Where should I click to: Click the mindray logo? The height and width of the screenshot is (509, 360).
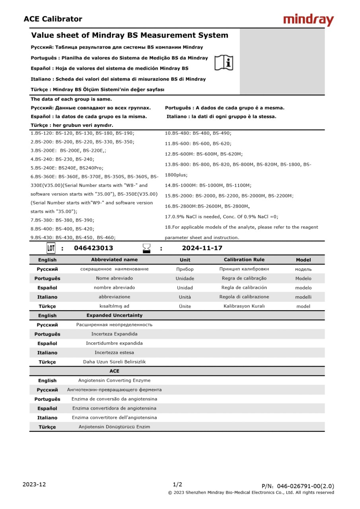coord(308,20)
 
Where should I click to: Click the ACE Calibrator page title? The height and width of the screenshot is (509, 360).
coord(53,19)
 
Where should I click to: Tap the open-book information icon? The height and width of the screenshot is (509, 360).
coord(224,63)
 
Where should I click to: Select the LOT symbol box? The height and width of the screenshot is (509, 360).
coord(51,249)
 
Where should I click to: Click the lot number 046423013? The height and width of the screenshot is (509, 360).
coord(93,248)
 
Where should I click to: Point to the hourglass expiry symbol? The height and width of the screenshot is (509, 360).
coord(146,249)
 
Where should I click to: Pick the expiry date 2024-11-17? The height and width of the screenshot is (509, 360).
coord(202,248)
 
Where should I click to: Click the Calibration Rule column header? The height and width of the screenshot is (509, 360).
coord(244,260)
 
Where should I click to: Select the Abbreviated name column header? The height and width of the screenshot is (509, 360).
coord(114,260)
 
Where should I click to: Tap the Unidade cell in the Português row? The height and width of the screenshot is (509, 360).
coord(185,278)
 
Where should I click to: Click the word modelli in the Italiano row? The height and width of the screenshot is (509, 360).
coord(303,297)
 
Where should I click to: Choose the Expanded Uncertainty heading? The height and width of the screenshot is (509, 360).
coord(114,315)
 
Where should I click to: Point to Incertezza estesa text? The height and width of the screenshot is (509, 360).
coord(114,353)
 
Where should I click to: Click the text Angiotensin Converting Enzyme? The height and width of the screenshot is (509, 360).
coord(114,381)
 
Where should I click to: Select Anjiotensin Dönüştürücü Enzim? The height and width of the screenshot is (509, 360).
coord(114,427)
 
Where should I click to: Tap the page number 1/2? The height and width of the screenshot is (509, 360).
coord(177,484)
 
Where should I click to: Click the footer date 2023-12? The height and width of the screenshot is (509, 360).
coord(34,484)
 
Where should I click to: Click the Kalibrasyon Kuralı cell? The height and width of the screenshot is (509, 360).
coord(244,306)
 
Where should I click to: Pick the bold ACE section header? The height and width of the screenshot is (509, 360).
coord(114,371)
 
